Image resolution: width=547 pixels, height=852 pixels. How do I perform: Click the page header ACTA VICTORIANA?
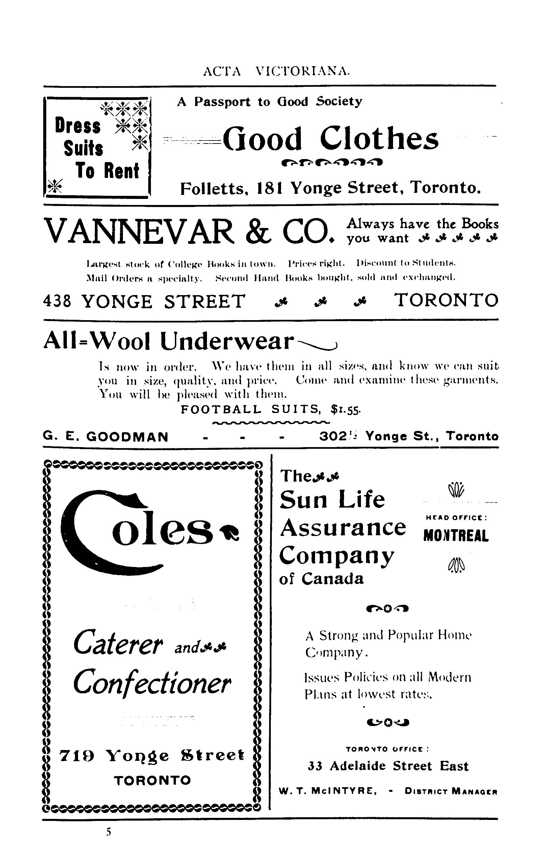276,72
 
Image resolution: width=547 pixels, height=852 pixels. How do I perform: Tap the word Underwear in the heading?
227,341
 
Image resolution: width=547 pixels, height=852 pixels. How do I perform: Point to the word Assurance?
342,527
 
